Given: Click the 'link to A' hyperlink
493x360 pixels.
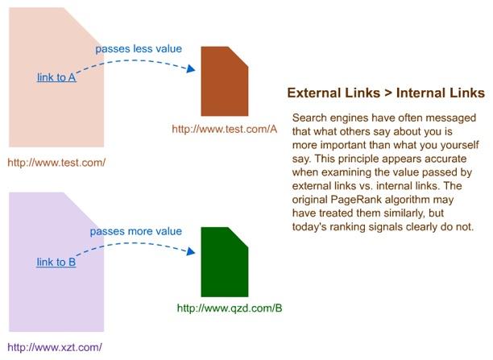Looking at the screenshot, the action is pos(56,77).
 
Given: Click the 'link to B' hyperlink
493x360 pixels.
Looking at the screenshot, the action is pos(56,262).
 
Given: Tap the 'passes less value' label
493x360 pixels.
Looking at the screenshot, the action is pos(139,49).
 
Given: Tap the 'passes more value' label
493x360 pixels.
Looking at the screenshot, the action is pos(136,231).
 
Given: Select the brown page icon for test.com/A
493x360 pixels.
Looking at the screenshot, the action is pos(225,81).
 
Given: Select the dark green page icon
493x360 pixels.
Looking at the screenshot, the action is pos(225,262).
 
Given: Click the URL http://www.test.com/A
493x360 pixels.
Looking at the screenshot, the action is pos(225,129).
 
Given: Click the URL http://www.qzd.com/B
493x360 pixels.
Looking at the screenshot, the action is pos(230,308).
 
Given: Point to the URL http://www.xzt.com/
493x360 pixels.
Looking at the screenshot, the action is pos(55,347).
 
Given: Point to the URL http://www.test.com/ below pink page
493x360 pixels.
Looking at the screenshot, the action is pos(56,163).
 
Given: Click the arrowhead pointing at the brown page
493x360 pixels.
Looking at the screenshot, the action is pos(191,68).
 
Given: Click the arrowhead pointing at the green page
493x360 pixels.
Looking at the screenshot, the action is pos(191,251).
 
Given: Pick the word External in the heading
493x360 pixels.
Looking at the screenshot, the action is pos(317,93).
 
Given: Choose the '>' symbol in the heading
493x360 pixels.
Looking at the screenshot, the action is pos(388,93).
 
